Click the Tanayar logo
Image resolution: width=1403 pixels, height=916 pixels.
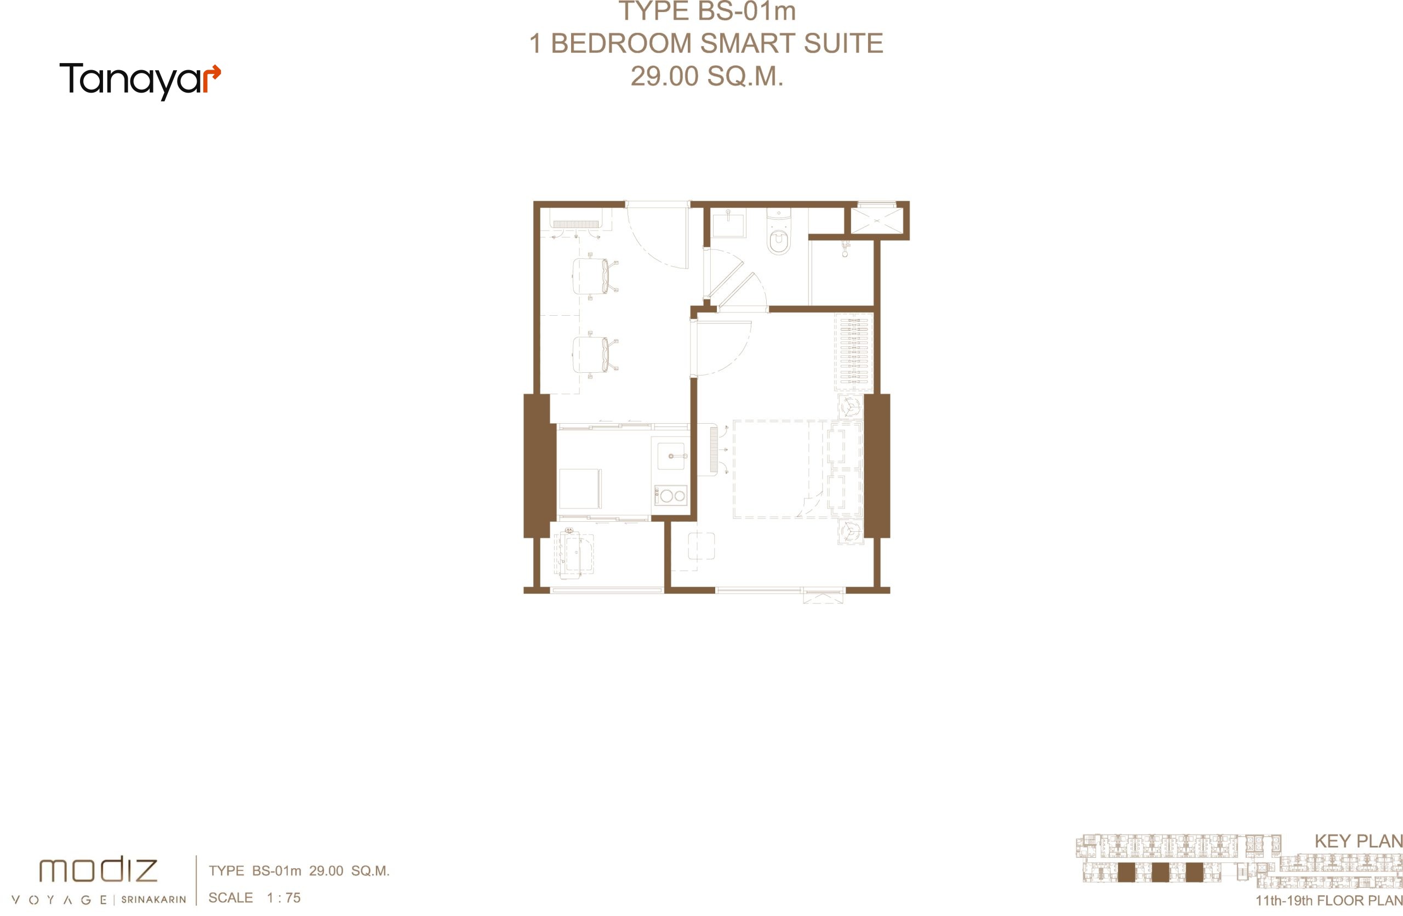[x=140, y=81]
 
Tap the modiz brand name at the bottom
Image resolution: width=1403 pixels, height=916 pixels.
[x=99, y=870]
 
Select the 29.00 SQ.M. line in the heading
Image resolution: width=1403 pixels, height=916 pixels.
[x=707, y=76]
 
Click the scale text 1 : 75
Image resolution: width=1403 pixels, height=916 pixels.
[x=283, y=898]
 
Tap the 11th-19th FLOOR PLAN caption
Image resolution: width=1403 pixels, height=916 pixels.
[x=1328, y=901]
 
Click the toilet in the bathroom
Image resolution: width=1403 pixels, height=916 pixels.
[x=779, y=233]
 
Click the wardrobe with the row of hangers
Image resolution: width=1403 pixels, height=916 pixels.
[x=853, y=352]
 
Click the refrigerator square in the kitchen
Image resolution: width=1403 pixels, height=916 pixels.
[x=580, y=488]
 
